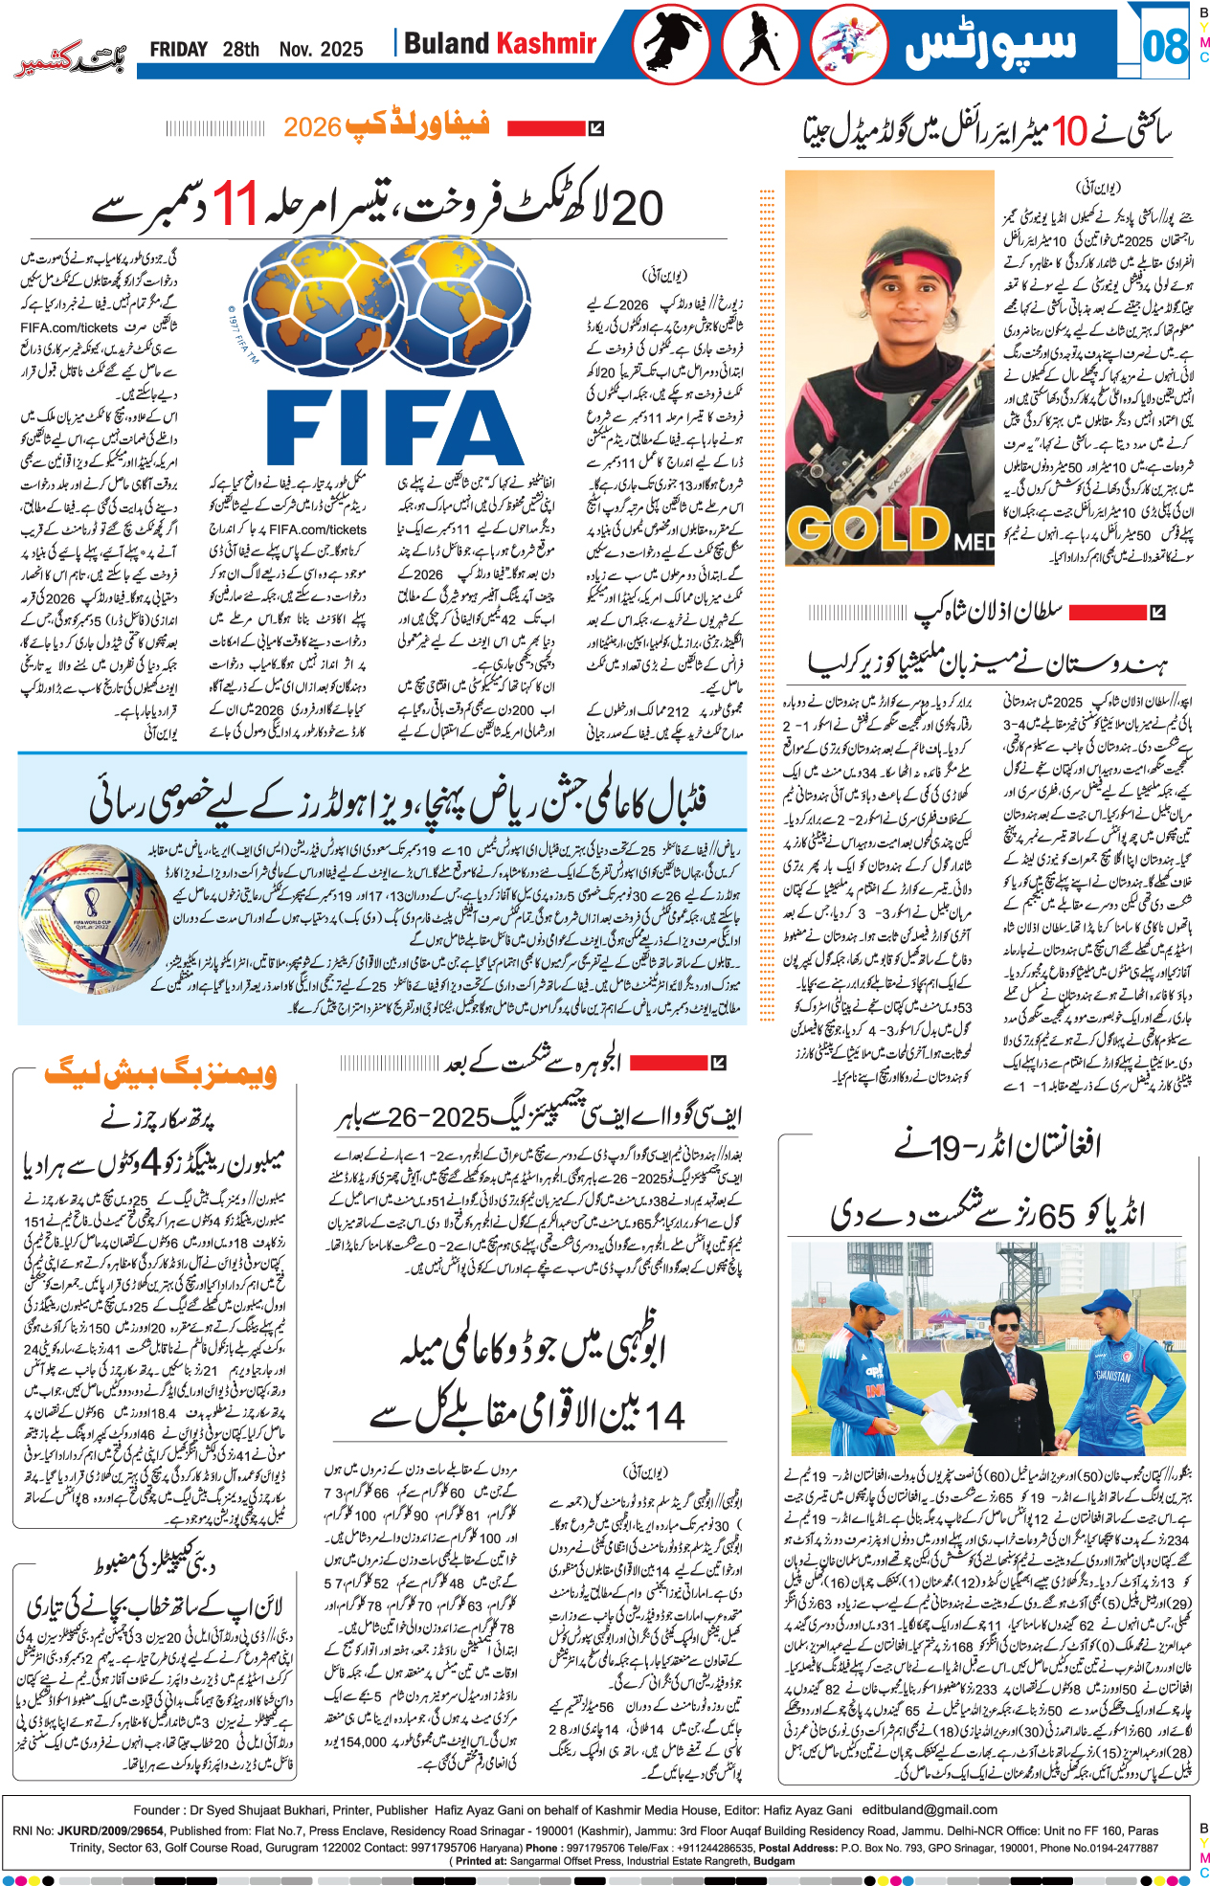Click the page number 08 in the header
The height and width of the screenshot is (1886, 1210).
[x=1164, y=45]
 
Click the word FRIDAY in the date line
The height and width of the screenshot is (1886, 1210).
[x=178, y=49]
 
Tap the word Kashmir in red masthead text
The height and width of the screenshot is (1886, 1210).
[x=547, y=43]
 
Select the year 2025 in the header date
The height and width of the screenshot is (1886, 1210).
[x=341, y=49]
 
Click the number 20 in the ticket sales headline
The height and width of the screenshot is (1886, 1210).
[x=636, y=208]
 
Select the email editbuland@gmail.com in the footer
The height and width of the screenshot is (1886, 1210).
[x=930, y=1809]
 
